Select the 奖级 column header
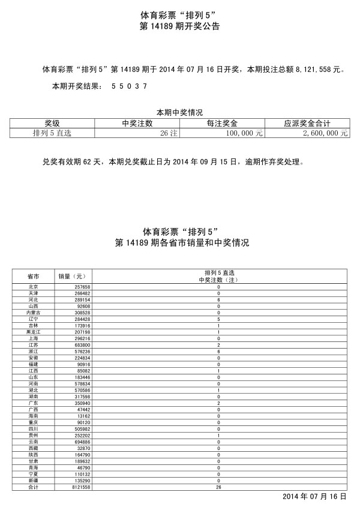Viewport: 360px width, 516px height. click(x=52, y=123)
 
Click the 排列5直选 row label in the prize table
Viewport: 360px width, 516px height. click(x=52, y=133)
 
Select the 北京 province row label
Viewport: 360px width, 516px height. click(x=34, y=287)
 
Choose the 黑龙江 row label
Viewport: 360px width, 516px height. click(x=34, y=332)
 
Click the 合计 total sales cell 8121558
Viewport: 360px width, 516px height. click(x=79, y=487)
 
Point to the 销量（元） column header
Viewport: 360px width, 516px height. click(x=73, y=277)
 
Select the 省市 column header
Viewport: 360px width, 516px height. click(x=34, y=277)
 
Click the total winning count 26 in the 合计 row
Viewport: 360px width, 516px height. click(x=218, y=487)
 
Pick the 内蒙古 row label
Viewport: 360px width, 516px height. click(x=34, y=313)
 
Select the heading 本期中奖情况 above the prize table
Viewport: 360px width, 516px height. click(x=179, y=112)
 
